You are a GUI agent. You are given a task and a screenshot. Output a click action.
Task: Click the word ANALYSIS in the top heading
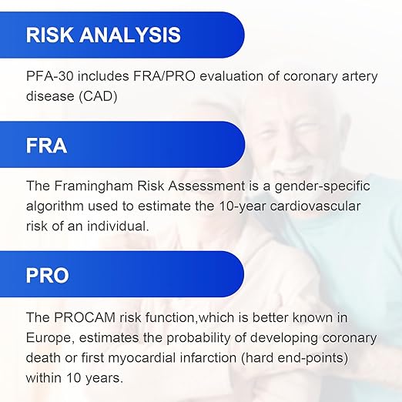point(130,35)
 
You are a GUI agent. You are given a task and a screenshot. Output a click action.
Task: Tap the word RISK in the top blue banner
point(50,35)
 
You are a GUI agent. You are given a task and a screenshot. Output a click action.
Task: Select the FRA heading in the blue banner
point(46,146)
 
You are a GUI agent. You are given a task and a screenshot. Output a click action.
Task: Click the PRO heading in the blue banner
point(48,275)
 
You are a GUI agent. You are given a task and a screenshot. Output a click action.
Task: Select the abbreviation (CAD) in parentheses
point(98,96)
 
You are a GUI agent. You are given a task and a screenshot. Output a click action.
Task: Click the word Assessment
point(206,186)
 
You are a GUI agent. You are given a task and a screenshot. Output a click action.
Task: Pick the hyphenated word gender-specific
point(322,186)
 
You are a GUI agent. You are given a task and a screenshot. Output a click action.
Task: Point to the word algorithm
point(55,206)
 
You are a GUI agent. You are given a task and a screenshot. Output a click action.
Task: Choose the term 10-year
point(243,206)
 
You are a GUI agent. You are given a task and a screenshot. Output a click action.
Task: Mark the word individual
point(118,226)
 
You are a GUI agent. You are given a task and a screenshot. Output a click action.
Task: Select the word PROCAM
point(85,317)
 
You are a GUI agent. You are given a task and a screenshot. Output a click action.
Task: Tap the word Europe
point(50,338)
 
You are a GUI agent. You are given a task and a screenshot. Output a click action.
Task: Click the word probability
point(198,338)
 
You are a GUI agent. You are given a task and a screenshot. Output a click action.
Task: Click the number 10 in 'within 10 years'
point(74,378)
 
